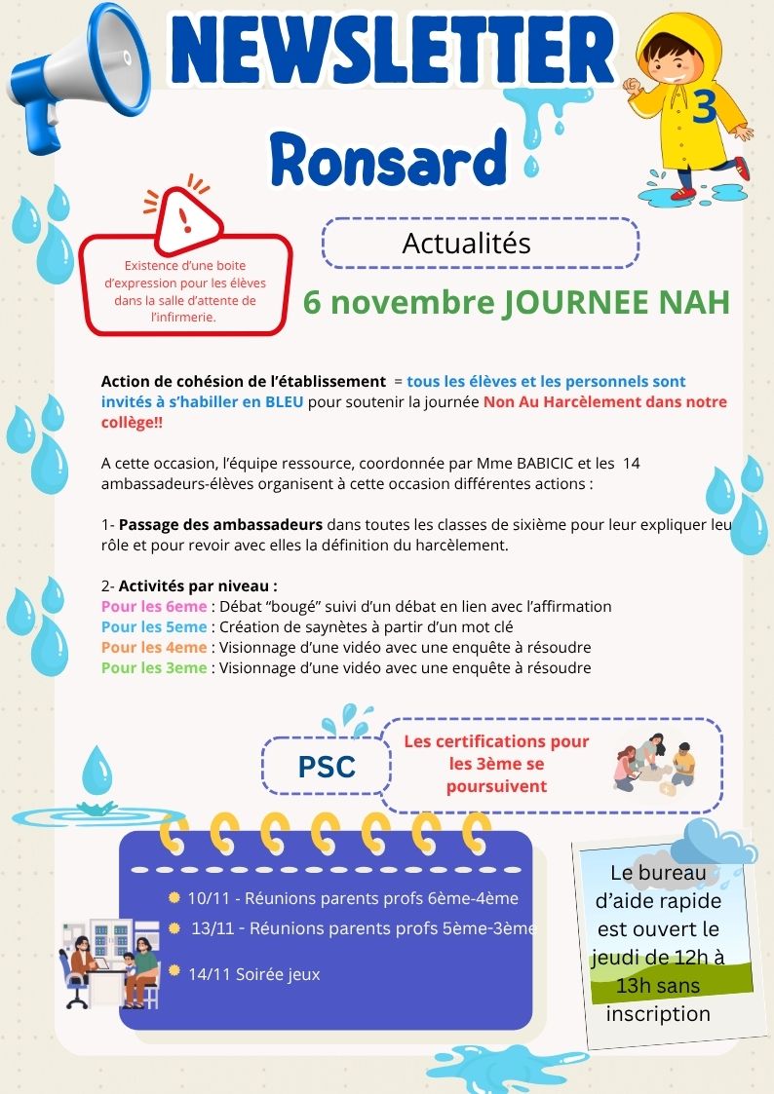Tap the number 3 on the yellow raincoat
(x=704, y=106)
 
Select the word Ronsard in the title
(x=389, y=157)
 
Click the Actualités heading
(x=466, y=243)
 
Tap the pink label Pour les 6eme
(x=154, y=606)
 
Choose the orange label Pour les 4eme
(x=154, y=647)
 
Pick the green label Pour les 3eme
(x=154, y=667)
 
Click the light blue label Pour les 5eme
(x=154, y=626)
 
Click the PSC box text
(x=326, y=767)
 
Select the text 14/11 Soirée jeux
(x=253, y=973)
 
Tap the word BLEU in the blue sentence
(x=285, y=401)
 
